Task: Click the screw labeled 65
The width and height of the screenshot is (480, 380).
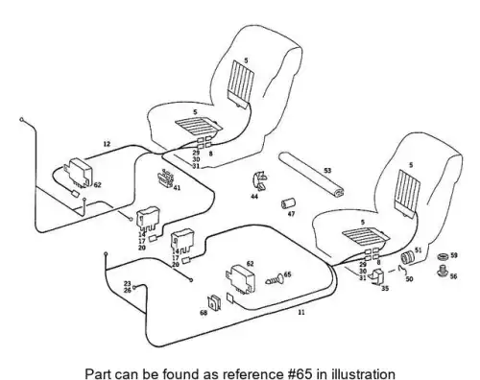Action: point(275,280)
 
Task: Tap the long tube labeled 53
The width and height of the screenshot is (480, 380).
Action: point(311,175)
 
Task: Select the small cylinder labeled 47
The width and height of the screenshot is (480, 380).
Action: point(288,203)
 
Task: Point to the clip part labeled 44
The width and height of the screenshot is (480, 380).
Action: point(259,181)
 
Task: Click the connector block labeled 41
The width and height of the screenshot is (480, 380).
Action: point(165,178)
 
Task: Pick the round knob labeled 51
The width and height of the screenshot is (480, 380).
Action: point(408,257)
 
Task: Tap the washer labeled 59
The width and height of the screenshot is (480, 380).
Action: point(443,256)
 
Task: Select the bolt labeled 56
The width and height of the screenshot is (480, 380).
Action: point(443,272)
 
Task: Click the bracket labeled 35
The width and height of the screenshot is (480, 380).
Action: point(378,276)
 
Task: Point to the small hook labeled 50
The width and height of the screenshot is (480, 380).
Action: point(402,271)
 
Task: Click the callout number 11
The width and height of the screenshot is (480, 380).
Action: point(301,312)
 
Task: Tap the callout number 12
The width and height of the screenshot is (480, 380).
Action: point(107,144)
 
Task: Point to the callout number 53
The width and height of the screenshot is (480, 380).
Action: point(327,171)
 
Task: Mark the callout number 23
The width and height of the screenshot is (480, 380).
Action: point(128,283)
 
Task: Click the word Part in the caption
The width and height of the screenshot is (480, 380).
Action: point(98,373)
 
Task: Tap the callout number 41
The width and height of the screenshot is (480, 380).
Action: point(177,188)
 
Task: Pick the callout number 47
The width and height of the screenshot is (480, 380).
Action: point(291,214)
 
